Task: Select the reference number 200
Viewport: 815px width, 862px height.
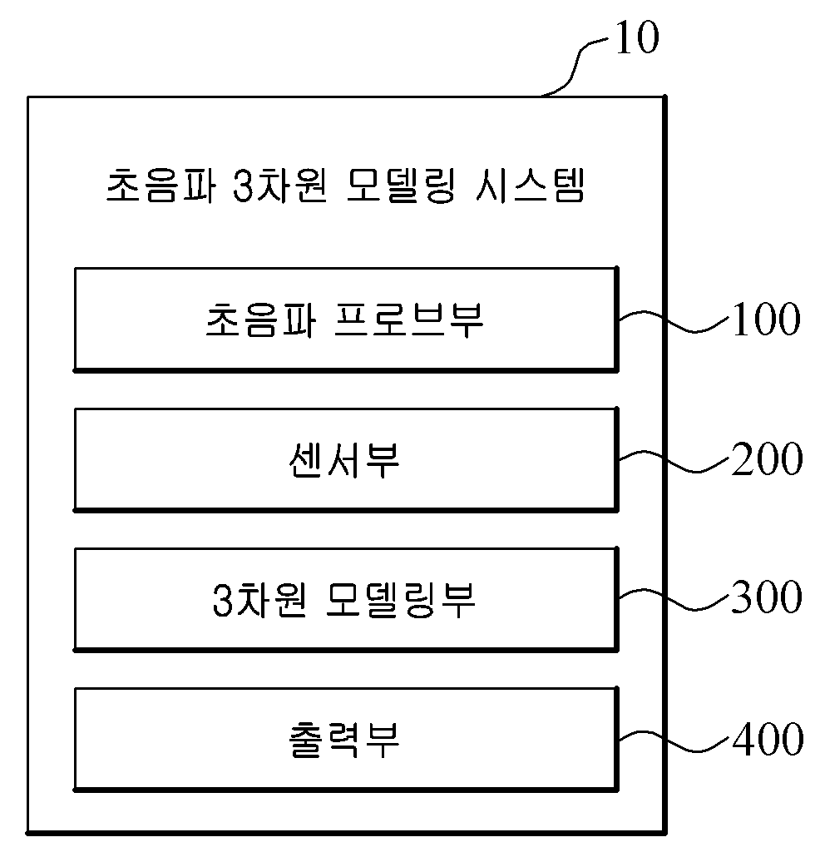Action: [766, 459]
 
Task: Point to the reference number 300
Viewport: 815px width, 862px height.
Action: [766, 597]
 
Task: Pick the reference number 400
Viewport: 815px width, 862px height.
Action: [766, 738]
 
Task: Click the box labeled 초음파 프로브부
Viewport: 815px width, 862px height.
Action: [345, 319]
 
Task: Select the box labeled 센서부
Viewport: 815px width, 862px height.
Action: [345, 458]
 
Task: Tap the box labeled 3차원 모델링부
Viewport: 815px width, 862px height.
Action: [345, 598]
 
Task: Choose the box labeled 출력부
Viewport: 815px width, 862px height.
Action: [345, 738]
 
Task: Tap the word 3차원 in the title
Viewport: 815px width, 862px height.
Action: [274, 187]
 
